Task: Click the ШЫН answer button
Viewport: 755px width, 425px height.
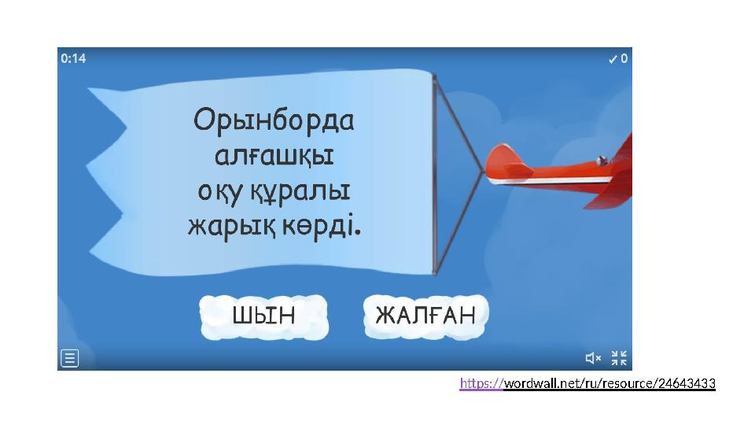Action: click(263, 316)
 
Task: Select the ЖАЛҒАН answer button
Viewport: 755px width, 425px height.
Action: click(425, 316)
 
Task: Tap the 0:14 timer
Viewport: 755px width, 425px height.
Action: click(73, 58)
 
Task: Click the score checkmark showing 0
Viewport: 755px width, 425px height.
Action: click(618, 58)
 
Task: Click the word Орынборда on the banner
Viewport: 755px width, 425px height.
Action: click(274, 122)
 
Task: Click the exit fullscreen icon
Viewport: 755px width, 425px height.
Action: click(619, 358)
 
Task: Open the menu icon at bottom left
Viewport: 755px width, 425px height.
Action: click(70, 359)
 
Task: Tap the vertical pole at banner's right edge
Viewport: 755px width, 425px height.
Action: click(433, 173)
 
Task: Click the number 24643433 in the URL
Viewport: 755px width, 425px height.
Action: click(686, 384)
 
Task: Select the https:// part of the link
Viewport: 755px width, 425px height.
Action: click(481, 384)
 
